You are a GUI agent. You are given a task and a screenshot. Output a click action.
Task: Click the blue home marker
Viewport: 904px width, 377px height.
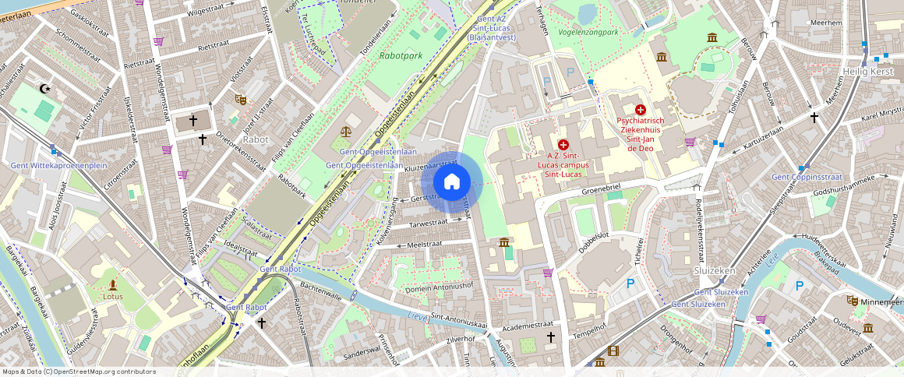[451, 182]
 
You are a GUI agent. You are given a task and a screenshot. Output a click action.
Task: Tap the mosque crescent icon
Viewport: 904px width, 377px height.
[45, 89]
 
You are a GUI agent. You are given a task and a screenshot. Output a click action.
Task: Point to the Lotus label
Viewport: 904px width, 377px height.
[113, 296]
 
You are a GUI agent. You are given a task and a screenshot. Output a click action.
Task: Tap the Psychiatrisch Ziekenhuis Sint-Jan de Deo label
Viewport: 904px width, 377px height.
[640, 134]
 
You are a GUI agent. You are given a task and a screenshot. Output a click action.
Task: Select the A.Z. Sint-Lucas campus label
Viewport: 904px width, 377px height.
[563, 165]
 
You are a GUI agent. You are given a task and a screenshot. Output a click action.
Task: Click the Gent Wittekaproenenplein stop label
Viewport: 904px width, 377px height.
[58, 166]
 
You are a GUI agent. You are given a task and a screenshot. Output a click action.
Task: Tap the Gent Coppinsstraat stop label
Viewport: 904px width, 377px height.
[803, 177]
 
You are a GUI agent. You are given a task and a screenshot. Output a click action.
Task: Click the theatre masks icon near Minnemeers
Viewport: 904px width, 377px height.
[853, 300]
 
